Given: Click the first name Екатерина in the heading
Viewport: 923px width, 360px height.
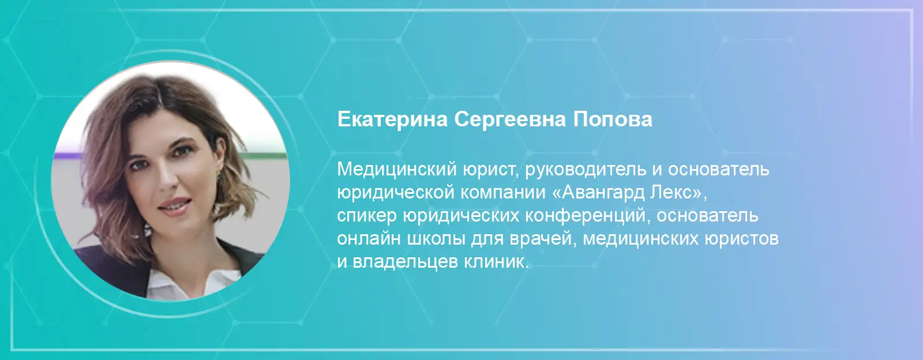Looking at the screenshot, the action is point(393,120).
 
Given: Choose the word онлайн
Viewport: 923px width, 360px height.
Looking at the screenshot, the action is point(369,239).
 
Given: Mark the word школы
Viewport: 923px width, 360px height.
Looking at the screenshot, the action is point(436,239).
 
